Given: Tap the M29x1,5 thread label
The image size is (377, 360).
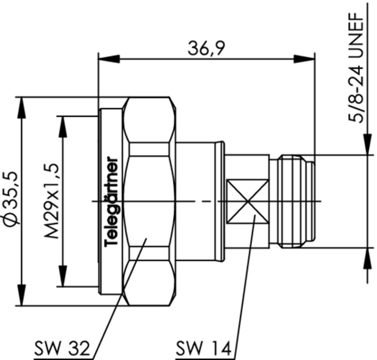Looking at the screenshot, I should (x=52, y=201).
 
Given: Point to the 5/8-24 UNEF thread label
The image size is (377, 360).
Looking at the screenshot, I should (x=356, y=68).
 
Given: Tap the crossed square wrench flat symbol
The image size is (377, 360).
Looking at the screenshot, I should (x=248, y=201).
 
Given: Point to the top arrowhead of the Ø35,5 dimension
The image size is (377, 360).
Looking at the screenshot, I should (x=22, y=107).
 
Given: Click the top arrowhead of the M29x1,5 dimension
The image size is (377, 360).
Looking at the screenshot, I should (x=63, y=126).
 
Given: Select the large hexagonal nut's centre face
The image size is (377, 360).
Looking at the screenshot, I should (x=149, y=201).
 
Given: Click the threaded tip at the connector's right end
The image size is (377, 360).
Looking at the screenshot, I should (x=296, y=201).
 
